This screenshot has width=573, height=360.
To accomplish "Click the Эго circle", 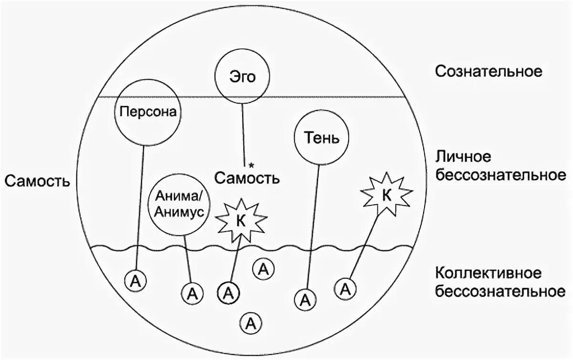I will (x=241, y=76).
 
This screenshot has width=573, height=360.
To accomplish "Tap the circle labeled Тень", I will (x=322, y=138).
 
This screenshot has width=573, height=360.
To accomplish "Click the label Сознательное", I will (x=488, y=72).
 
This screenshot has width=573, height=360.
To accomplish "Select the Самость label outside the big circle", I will (x=36, y=181).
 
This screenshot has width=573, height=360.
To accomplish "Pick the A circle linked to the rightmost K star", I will (x=347, y=288).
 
